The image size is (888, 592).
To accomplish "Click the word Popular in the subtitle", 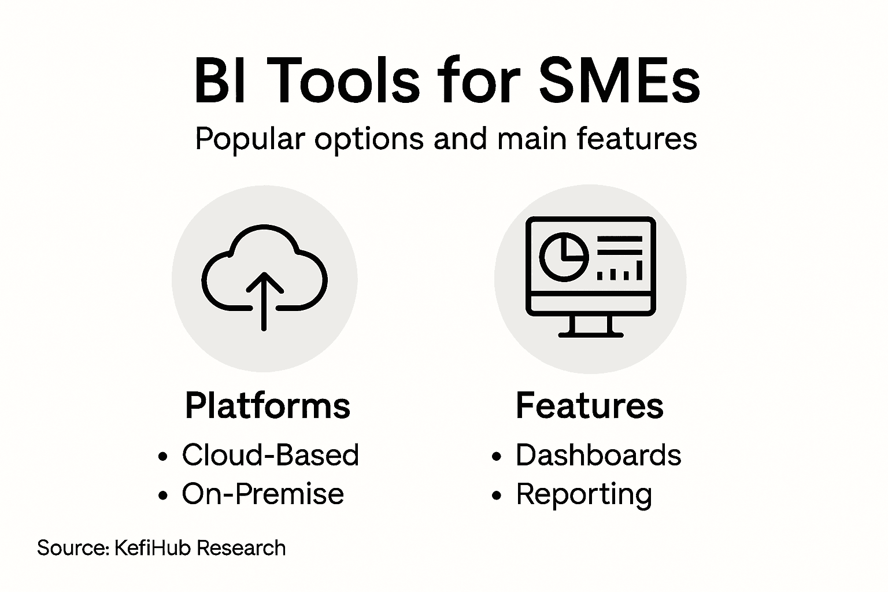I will pos(250,139).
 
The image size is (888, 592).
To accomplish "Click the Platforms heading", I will pos(268,405).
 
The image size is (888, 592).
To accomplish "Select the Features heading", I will pos(589,405).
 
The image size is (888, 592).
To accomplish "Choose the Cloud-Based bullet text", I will pos(270,455).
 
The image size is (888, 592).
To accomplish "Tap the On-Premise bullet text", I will pos(262,494).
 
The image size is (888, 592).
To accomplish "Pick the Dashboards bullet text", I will pos(598,455).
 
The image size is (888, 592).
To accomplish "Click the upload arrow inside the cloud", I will pos(264,298).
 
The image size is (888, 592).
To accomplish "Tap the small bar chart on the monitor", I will pos(620,271).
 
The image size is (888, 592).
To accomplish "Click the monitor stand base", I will pos(590,334).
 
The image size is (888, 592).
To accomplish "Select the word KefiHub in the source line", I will pos(153,547).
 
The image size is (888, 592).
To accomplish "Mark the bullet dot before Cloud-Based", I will pos(163,457).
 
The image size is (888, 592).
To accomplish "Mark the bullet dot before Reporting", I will pos(496,495).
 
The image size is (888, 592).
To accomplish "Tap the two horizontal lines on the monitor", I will pos(619,245).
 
